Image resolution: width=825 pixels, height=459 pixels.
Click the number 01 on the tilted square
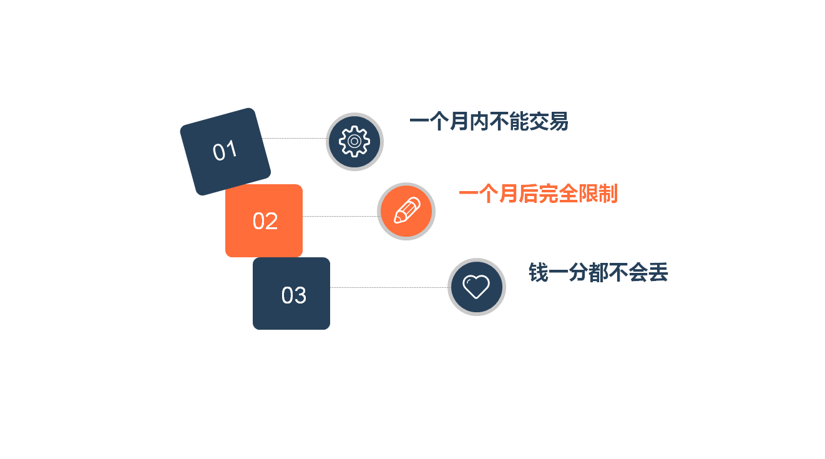tap(225, 151)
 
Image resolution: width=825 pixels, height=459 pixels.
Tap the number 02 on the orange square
tap(265, 221)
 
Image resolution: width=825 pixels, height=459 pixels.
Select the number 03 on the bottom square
tap(293, 295)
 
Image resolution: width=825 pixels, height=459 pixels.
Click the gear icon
tap(354, 142)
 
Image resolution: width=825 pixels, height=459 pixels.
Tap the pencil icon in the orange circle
tap(407, 210)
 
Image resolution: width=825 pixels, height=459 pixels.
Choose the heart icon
tap(476, 287)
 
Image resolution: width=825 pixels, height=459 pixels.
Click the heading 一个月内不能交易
tap(489, 122)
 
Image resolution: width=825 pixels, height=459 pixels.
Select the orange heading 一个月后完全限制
tap(538, 194)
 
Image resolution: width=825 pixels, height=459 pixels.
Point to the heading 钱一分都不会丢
tap(598, 272)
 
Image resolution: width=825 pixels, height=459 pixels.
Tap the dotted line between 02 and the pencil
tap(340, 217)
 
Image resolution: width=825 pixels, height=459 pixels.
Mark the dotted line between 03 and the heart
tap(389, 287)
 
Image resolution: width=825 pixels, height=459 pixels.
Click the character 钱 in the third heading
tap(539, 272)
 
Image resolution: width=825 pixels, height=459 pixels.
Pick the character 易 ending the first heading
tap(559, 122)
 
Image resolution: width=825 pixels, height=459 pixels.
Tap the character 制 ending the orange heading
tap(608, 194)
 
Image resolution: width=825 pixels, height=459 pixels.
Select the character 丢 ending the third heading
tap(658, 272)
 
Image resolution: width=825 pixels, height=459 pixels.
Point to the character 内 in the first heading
tap(479, 122)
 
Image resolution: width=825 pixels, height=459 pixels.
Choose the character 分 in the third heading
tap(578, 272)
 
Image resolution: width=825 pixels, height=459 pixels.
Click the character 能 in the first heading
tap(519, 122)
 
